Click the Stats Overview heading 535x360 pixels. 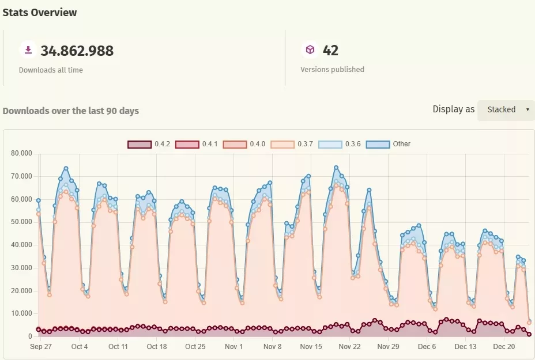40,12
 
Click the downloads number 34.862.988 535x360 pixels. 77,51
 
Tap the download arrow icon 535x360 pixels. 28,50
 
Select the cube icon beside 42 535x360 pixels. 310,50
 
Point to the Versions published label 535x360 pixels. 332,69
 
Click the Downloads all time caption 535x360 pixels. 51,70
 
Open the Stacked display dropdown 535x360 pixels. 506,109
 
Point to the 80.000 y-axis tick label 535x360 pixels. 21,153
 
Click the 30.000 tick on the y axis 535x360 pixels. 21,268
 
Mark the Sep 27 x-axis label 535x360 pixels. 41,347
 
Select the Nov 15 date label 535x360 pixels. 311,347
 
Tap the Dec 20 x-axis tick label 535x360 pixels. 504,347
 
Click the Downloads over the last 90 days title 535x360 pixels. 70,111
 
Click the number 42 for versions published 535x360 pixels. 330,51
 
